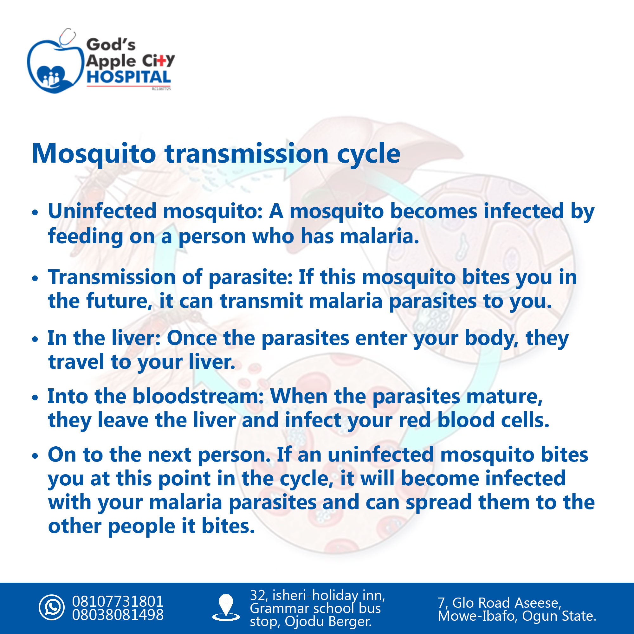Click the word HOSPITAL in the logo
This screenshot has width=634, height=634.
coord(129,77)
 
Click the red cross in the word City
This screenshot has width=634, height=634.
coord(160,61)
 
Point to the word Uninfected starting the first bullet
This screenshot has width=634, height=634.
coord(102,211)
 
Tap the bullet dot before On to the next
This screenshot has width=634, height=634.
coord(35,456)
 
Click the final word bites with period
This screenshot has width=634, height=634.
coord(228,526)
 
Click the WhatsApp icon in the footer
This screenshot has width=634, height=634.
coord(52,607)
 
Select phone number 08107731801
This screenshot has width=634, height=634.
coord(118,601)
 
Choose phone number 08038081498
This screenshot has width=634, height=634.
coord(118,615)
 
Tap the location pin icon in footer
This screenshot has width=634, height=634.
coord(226,606)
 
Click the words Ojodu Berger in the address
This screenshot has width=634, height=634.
coord(328,621)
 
